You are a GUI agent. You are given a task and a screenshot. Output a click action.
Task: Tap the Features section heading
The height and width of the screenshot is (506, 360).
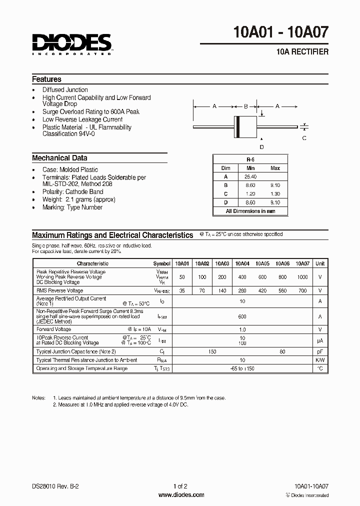tap(46, 79)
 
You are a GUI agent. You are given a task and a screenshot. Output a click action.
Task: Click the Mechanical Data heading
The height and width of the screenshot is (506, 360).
tap(59, 158)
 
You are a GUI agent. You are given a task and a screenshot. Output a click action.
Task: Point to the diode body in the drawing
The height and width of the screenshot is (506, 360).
tap(245, 124)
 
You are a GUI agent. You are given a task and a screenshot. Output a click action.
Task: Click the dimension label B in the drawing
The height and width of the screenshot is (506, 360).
tap(245, 106)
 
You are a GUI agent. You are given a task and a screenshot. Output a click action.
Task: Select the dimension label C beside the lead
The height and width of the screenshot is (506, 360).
tap(304, 138)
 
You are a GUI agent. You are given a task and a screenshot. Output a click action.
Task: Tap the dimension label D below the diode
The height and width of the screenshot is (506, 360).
tap(261, 146)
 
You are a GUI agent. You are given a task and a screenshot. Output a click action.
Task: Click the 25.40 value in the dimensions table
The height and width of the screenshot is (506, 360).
tap(250, 177)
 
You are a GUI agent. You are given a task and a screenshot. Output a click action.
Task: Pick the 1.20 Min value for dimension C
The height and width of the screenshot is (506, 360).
tap(250, 194)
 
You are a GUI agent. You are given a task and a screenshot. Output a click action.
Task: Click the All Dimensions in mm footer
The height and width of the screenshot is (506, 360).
tap(250, 211)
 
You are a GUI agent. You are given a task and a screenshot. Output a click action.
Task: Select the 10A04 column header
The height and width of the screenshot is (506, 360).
tap(242, 263)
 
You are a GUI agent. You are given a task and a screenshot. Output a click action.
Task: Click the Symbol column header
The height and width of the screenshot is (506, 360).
tap(161, 263)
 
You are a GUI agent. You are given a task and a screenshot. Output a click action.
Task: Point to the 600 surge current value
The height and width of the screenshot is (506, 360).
tap(242, 316)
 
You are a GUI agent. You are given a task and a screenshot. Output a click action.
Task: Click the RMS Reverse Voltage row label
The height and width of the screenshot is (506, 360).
tap(59, 290)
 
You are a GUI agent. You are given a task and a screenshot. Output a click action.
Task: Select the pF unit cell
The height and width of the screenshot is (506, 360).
tap(320, 352)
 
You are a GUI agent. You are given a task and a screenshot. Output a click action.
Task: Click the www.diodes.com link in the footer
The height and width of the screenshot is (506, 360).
tap(180, 495)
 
